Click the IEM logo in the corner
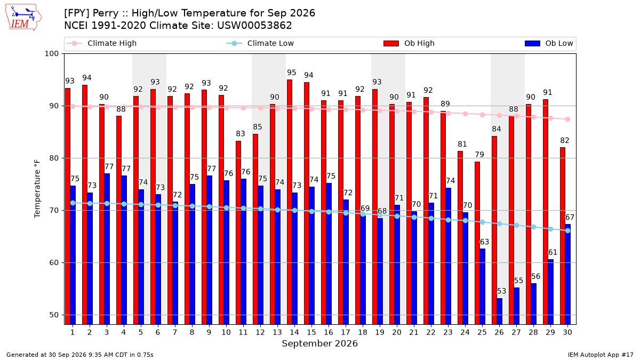[23, 18]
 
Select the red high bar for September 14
[290, 202]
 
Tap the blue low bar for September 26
[499, 311]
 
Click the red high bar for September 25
[477, 243]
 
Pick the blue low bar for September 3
[107, 249]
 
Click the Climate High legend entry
[101, 43]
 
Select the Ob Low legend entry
[549, 43]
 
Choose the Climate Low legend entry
[260, 43]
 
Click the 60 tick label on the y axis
[54, 262]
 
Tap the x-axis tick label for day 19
[379, 332]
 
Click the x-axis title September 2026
[319, 343]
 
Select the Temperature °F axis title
[37, 189]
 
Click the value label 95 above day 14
[291, 73]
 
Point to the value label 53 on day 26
[501, 291]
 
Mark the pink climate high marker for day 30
[567, 119]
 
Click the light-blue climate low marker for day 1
[73, 203]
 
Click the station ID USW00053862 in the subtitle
[254, 26]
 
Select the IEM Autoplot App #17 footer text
[601, 355]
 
